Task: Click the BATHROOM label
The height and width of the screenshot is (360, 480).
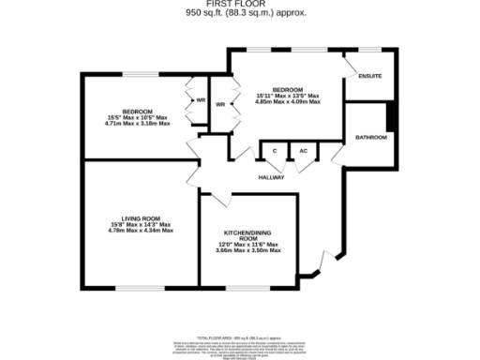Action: click(371, 138)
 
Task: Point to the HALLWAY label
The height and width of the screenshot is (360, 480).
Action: click(272, 177)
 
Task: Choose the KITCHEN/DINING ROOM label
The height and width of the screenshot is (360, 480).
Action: click(248, 234)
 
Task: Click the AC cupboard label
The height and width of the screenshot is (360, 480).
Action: click(303, 151)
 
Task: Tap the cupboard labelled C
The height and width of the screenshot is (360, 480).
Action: click(275, 151)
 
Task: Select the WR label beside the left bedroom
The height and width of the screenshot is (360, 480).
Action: click(200, 101)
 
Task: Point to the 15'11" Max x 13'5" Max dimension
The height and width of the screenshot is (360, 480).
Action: click(289, 96)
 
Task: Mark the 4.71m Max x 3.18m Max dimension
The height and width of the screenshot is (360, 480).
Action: click(137, 123)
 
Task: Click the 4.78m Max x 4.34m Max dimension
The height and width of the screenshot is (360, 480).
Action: click(139, 231)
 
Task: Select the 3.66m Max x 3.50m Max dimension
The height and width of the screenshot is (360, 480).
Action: click(248, 250)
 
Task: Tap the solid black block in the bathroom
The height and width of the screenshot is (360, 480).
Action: click(391, 118)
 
